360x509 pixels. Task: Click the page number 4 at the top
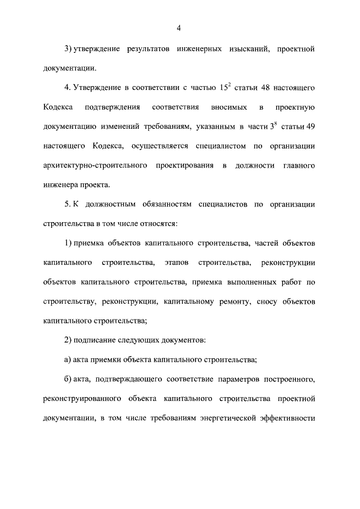[179, 28]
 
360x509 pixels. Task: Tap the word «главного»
[298, 166]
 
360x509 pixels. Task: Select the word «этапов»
[177, 263]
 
